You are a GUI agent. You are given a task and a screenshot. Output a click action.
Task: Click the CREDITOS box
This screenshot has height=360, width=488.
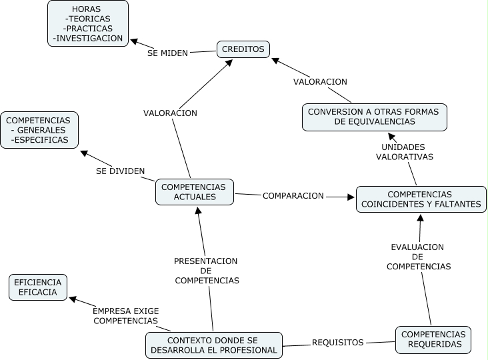[x=243, y=49]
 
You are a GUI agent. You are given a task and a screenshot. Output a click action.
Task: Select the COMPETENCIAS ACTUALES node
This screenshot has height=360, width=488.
[x=195, y=192]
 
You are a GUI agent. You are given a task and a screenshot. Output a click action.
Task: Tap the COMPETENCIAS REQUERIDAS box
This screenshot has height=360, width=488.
[x=433, y=340]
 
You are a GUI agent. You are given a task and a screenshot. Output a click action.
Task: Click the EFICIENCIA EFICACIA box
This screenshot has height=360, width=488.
[x=37, y=287]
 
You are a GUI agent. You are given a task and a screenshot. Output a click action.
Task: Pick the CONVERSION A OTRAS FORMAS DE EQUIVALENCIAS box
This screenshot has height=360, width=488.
[x=375, y=117]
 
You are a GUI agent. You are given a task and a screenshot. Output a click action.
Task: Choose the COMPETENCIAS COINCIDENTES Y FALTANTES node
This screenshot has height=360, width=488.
[x=421, y=199]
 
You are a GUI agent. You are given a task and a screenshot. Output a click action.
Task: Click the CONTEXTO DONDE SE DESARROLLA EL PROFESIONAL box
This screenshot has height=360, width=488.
[x=214, y=345]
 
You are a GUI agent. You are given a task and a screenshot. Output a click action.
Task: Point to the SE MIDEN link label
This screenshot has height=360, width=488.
[x=167, y=53]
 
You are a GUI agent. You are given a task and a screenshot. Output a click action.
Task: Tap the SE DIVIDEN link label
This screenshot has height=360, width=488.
[x=121, y=171]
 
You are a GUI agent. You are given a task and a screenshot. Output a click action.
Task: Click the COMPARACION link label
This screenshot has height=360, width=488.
[x=293, y=196]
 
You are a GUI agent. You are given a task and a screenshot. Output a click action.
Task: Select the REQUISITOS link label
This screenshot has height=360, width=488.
[x=338, y=343]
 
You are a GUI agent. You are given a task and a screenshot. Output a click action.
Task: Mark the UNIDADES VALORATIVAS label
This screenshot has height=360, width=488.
[x=404, y=152]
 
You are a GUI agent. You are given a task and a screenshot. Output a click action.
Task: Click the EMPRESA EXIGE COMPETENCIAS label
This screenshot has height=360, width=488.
[x=126, y=316]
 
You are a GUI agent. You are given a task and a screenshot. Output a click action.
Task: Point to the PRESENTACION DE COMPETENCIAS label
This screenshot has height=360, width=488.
[x=207, y=271]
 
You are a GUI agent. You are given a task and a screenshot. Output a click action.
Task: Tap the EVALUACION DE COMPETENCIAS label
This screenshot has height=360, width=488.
[x=418, y=257]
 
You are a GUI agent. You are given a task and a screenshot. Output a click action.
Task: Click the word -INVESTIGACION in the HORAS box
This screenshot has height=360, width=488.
[x=88, y=38]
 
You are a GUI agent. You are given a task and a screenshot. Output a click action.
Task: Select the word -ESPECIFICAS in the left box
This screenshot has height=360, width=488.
[x=39, y=140]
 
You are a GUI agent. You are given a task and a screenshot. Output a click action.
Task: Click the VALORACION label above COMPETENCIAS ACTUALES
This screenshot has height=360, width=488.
[x=170, y=113]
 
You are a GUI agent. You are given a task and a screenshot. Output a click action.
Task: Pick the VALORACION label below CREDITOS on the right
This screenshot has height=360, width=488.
[x=320, y=81]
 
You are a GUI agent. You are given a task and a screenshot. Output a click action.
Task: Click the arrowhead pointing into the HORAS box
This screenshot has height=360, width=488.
[x=134, y=41]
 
